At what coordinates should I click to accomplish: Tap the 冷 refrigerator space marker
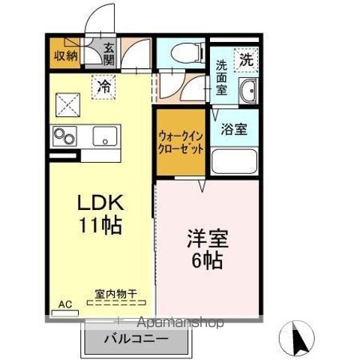(105, 85)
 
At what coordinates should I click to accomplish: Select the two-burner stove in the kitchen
(63, 136)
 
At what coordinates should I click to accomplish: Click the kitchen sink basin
(103, 136)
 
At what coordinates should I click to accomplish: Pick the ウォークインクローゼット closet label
(181, 143)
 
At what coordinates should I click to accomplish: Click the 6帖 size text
(207, 262)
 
